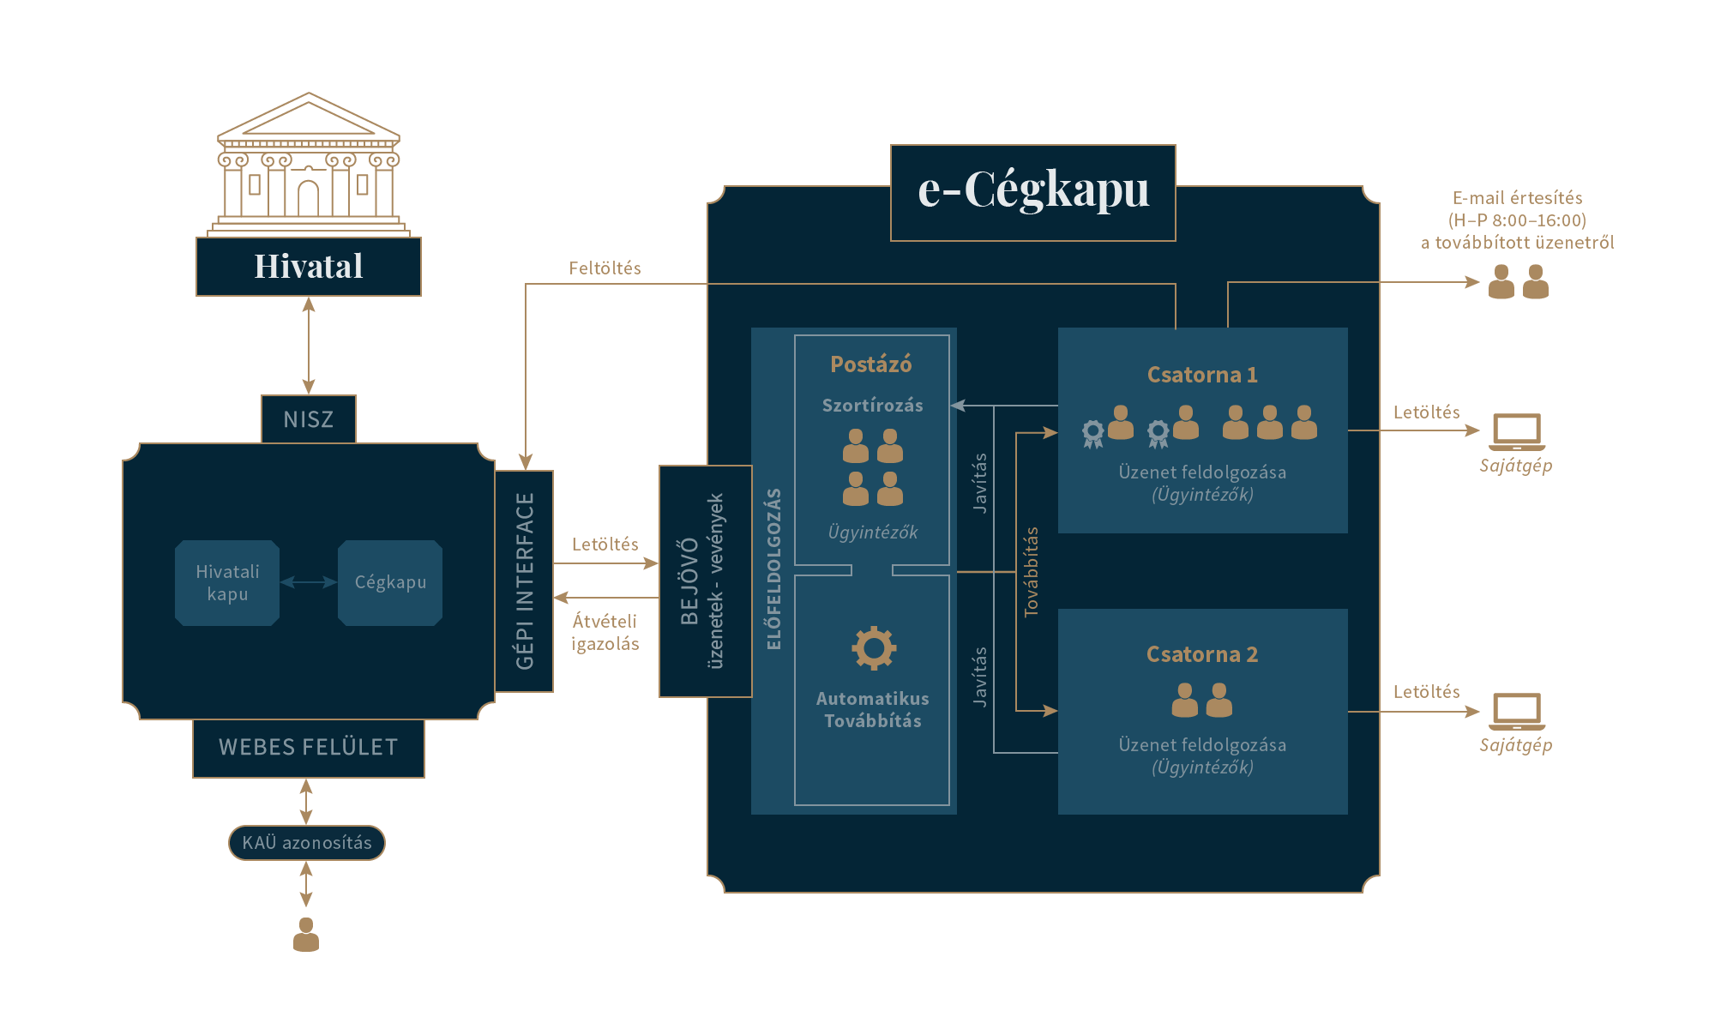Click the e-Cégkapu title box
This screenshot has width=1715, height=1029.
click(1032, 192)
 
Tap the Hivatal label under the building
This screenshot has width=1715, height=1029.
click(309, 267)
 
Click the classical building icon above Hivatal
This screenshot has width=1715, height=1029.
click(309, 163)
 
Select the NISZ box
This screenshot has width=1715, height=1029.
click(309, 419)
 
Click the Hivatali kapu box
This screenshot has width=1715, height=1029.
click(227, 582)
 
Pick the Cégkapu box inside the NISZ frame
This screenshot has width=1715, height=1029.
click(390, 582)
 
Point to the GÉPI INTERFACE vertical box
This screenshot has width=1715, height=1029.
click(524, 581)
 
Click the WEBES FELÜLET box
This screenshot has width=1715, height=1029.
click(309, 747)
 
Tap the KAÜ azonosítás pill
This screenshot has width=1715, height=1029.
click(307, 842)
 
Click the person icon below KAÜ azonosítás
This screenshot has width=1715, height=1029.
click(306, 935)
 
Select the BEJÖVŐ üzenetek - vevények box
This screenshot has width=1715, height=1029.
click(705, 581)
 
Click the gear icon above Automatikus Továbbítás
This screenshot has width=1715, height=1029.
click(874, 647)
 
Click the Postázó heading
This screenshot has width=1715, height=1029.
click(871, 364)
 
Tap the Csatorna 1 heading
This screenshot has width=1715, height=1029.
click(1202, 375)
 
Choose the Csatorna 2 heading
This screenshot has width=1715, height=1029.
click(1202, 654)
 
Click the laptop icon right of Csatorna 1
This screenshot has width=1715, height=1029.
click(1517, 431)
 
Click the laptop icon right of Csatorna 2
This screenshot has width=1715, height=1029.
click(1517, 711)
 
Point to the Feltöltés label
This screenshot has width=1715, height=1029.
click(605, 268)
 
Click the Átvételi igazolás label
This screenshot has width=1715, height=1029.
click(605, 632)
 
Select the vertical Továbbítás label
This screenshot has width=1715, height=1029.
click(1032, 572)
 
